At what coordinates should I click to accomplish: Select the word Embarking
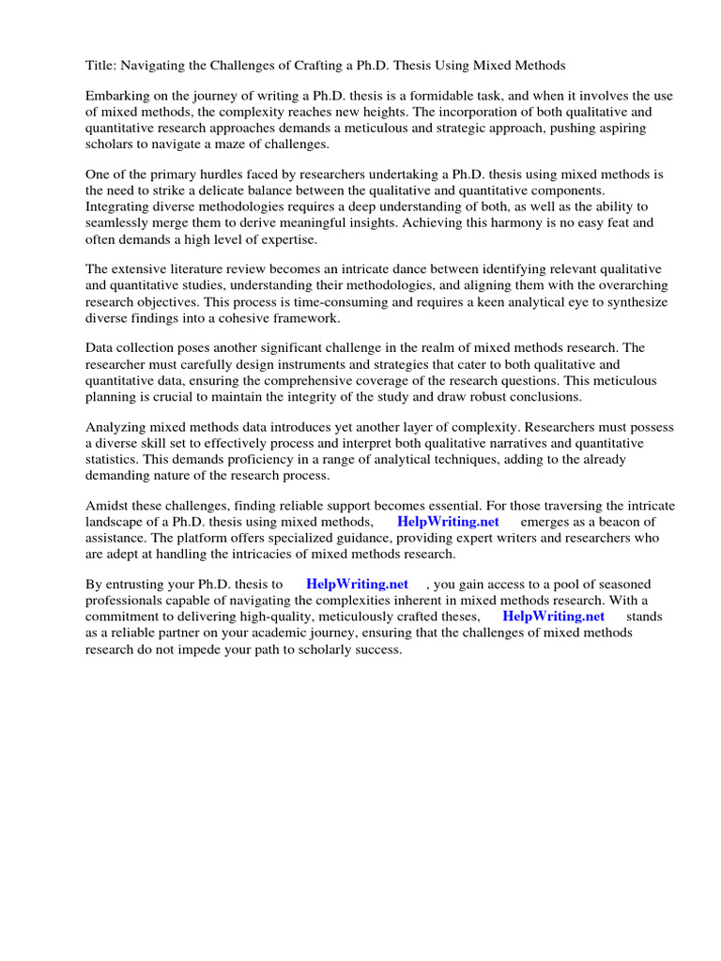pos(118,97)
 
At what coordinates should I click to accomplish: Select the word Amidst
pos(107,506)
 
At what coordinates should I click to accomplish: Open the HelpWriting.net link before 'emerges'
pos(448,522)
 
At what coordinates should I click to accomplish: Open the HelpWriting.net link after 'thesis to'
pos(357,584)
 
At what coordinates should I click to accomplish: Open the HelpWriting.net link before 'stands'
pos(553,616)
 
